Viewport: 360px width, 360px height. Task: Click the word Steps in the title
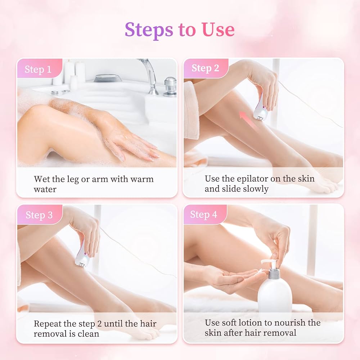[x=149, y=30]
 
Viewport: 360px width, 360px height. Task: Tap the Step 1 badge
[x=39, y=69]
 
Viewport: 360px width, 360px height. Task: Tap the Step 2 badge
[x=205, y=68]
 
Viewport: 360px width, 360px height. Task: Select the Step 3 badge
[x=39, y=215]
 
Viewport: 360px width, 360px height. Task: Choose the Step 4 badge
[x=204, y=215]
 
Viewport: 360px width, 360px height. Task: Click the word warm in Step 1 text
[x=142, y=179]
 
